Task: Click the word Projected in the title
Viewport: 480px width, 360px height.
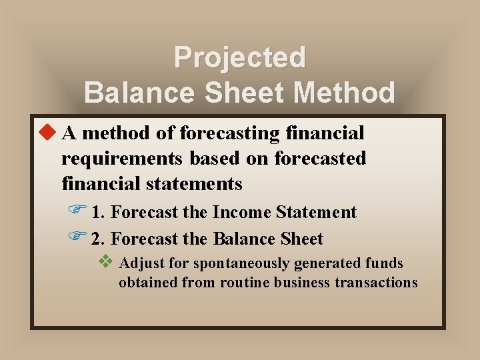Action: pyautogui.click(x=239, y=58)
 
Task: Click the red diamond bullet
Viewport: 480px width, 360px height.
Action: pyautogui.click(x=47, y=133)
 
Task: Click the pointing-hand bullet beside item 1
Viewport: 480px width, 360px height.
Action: pyautogui.click(x=77, y=211)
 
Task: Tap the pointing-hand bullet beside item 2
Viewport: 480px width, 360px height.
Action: pyautogui.click(x=77, y=237)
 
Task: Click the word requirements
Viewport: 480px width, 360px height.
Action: pyautogui.click(x=123, y=159)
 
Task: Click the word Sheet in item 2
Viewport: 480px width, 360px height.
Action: pyautogui.click(x=301, y=239)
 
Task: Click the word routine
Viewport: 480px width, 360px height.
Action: pyautogui.click(x=244, y=282)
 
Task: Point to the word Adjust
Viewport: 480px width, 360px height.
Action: pyautogui.click(x=141, y=264)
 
